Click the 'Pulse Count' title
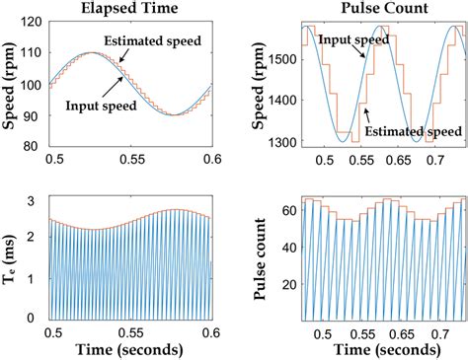click(372, 11)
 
